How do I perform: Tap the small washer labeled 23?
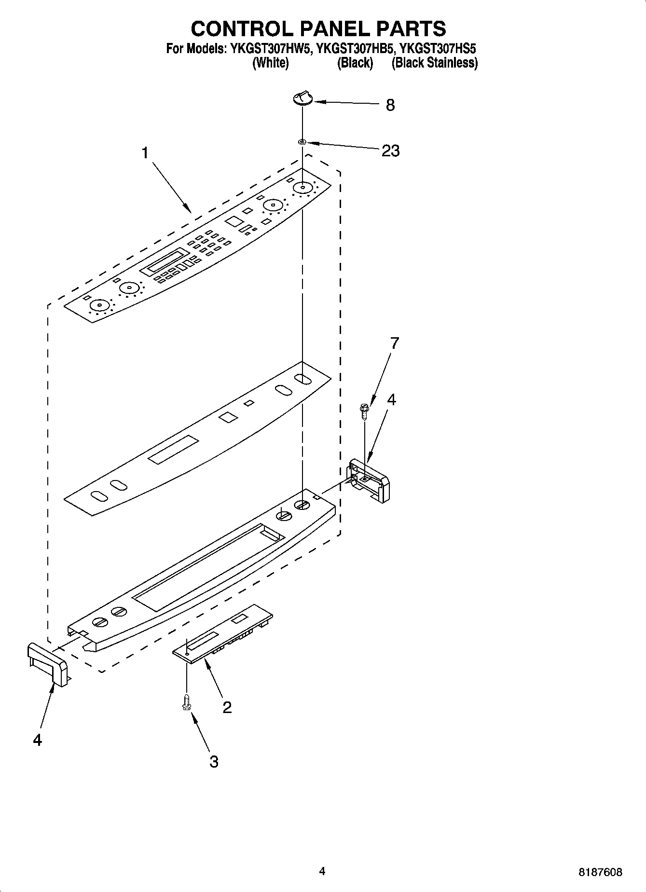pyautogui.click(x=302, y=142)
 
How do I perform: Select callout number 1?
pyautogui.click(x=145, y=153)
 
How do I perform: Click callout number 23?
pyautogui.click(x=390, y=151)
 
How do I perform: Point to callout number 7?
pyautogui.click(x=395, y=343)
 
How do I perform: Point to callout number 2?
pyautogui.click(x=227, y=707)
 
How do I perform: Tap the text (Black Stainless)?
pyautogui.click(x=434, y=63)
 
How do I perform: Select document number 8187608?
pyautogui.click(x=600, y=872)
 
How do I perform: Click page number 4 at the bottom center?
pyautogui.click(x=322, y=871)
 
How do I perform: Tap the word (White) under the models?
pyautogui.click(x=271, y=63)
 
